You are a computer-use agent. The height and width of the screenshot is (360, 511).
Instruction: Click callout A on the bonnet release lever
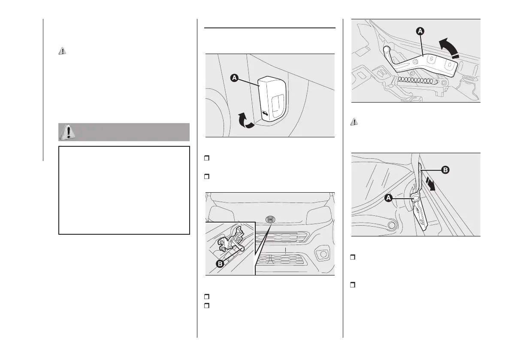coord(234,78)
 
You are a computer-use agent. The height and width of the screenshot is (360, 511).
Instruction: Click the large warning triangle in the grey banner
coord(67,132)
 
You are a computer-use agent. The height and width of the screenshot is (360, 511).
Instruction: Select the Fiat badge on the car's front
coord(270,219)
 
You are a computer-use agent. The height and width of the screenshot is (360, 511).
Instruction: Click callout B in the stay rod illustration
coord(445,170)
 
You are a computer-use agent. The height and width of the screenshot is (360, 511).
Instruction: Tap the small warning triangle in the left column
coord(62,51)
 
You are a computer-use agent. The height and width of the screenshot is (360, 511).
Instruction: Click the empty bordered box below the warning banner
coord(124,190)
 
